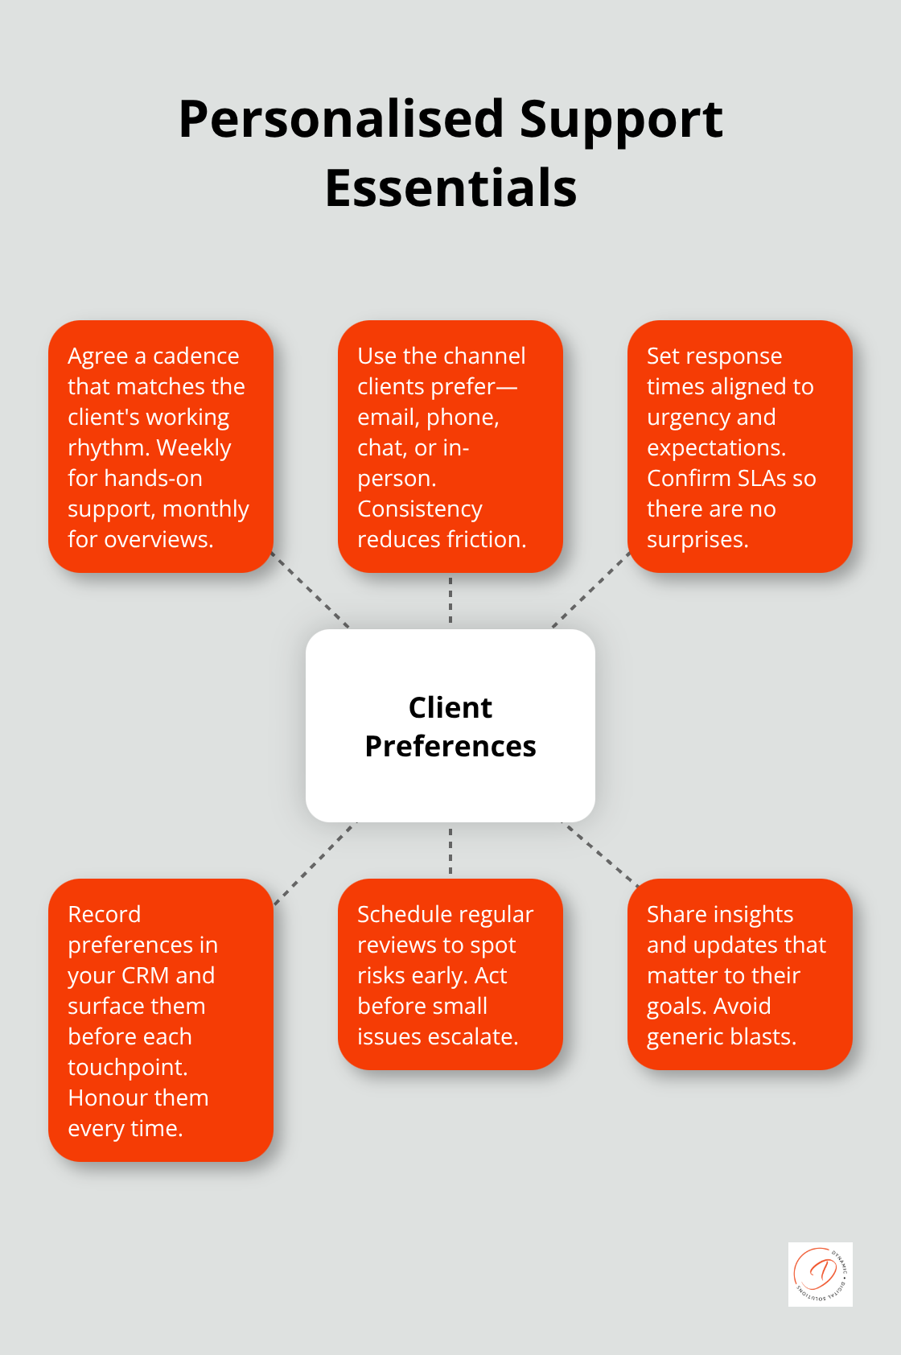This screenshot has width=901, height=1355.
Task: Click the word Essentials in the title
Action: click(450, 188)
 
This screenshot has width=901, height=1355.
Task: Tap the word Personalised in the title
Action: click(341, 119)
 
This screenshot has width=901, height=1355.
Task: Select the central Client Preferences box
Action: click(450, 725)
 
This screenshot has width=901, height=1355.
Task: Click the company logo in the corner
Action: click(820, 1274)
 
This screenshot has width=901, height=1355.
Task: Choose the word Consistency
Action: click(419, 509)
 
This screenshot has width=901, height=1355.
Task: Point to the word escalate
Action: click(480, 1036)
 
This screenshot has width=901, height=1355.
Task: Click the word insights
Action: click(753, 914)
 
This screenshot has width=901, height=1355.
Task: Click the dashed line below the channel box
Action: click(450, 600)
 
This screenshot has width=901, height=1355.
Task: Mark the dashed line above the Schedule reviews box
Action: click(450, 850)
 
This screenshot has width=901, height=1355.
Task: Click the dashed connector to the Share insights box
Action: click(599, 854)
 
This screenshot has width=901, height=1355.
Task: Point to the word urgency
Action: click(689, 417)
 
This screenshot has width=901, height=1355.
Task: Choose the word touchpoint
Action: click(127, 1067)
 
